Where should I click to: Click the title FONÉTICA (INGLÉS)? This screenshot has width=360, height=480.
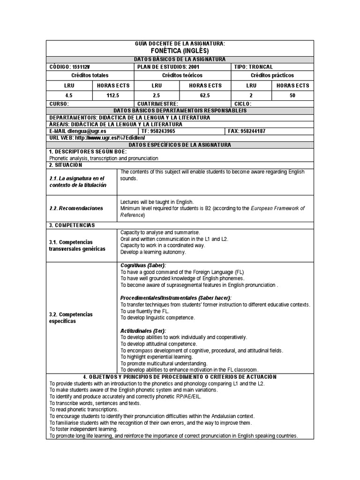pos(180,51)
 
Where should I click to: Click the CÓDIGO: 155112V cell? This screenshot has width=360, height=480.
pos(70,67)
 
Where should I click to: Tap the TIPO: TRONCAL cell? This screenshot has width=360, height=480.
pos(253,67)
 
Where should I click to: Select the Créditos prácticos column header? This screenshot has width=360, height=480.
pos(272,75)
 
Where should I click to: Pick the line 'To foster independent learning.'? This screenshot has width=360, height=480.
pos(84,429)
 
